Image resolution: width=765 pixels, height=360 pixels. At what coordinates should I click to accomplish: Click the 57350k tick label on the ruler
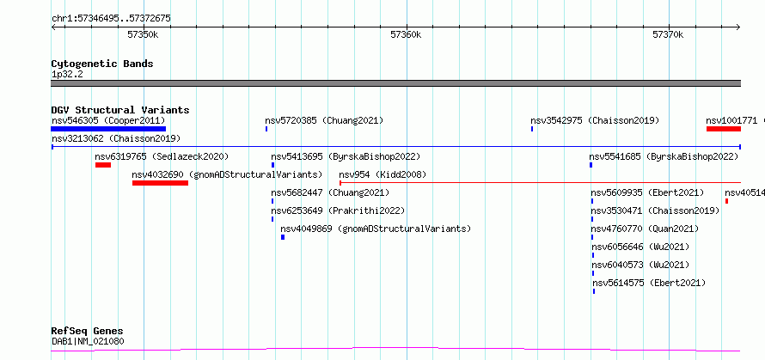point(143,34)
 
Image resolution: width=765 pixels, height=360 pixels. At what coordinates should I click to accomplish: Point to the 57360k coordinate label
point(406,34)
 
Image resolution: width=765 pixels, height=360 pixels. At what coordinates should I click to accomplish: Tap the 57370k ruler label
point(668,34)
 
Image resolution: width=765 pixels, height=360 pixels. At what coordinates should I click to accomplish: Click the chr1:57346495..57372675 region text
point(111,19)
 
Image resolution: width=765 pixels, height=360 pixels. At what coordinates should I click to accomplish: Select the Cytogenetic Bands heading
point(102,64)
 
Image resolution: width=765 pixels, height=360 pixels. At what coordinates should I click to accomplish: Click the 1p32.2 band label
point(67,75)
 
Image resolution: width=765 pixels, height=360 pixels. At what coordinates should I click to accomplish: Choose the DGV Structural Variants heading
point(120,110)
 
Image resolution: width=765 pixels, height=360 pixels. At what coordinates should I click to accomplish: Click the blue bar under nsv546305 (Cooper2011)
point(108,129)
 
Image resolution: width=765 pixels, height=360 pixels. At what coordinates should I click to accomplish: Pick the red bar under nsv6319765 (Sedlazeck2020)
point(103,165)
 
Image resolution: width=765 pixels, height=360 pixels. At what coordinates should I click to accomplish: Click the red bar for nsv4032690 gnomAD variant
point(160,183)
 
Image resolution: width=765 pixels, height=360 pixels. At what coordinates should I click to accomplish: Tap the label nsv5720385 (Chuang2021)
point(324,120)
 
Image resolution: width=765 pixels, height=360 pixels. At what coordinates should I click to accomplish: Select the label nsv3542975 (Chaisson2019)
point(595,120)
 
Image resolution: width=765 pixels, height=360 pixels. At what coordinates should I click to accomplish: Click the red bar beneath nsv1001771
point(724,129)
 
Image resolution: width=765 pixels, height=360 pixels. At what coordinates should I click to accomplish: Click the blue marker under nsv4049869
point(283,237)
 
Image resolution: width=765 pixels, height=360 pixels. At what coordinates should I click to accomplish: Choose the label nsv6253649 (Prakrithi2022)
point(338,211)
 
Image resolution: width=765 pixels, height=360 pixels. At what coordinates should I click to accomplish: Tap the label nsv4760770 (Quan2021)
point(645,229)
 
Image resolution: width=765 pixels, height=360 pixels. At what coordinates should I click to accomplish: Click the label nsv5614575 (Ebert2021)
point(649,283)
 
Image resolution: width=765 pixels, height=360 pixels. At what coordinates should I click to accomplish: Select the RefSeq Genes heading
point(88,332)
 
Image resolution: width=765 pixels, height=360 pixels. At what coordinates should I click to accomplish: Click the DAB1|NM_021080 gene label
point(88,341)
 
